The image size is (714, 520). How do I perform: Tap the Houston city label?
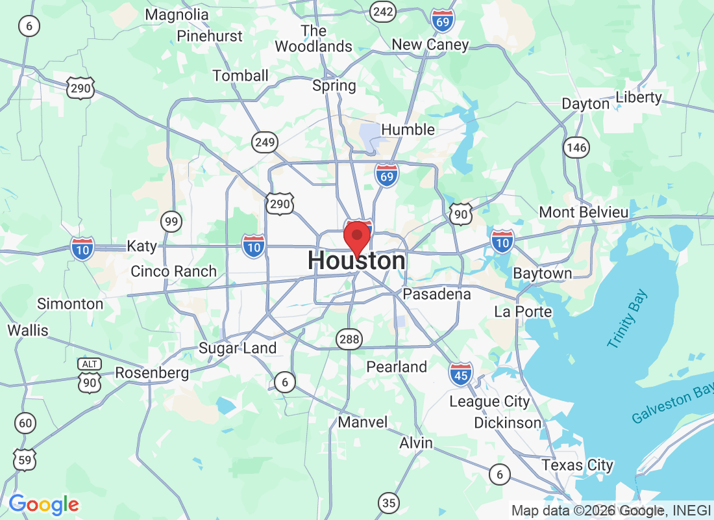pos(356,261)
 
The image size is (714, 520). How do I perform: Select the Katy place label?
pos(142,246)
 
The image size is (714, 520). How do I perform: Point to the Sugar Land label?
pos(238,348)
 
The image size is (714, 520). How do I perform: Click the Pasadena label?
pos(437,294)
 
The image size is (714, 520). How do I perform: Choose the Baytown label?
pos(543,274)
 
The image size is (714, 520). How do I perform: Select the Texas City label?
pos(578,465)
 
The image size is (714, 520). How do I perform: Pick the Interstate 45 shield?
pos(460,373)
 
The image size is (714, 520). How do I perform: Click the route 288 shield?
pos(349,338)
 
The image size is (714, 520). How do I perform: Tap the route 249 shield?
pos(265,142)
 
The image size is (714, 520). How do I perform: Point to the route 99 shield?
pos(171,222)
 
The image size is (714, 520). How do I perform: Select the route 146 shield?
pos(576,148)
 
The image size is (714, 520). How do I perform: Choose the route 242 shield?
pos(383,11)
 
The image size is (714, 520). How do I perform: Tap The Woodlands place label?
pos(314,38)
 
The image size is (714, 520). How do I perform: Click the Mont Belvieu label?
pos(584,213)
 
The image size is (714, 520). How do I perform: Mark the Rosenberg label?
pos(152,373)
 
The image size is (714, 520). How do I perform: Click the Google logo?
pos(43,504)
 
